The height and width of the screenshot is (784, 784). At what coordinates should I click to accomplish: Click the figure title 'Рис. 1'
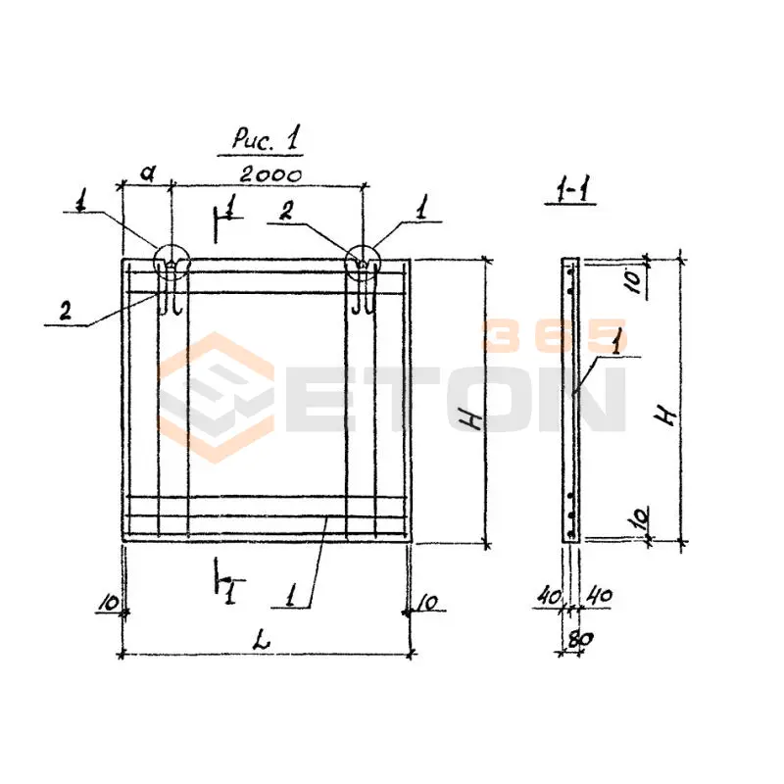(x=266, y=138)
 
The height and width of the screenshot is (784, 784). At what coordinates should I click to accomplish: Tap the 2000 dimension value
(x=270, y=175)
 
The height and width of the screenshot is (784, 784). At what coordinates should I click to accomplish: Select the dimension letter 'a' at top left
(x=147, y=173)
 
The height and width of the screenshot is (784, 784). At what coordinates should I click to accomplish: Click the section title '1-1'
(x=570, y=190)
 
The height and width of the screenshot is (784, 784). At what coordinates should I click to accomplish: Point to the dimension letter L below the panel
(x=261, y=640)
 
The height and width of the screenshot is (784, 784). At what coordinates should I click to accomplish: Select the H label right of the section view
(x=666, y=415)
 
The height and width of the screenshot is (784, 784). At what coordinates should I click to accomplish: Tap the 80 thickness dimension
(x=580, y=640)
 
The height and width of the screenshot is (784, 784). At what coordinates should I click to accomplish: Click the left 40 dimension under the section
(x=549, y=597)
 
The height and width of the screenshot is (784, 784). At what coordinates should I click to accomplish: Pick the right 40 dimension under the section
(x=599, y=595)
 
